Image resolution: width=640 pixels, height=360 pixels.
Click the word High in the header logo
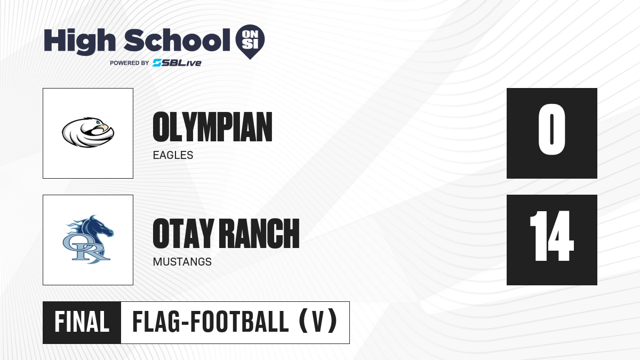[x=79, y=42]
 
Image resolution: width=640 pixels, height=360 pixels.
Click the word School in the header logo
[x=177, y=41]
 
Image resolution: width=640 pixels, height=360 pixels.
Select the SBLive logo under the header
[x=177, y=63]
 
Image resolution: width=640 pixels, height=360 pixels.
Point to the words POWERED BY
[x=130, y=63]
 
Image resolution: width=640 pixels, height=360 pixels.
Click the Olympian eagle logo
[x=88, y=132]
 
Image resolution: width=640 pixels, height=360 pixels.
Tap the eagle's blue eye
[x=98, y=123]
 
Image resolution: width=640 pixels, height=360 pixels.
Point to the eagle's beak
[x=105, y=127]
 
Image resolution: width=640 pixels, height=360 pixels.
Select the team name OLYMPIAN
[x=212, y=127]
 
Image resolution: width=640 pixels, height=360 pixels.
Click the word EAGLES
[x=173, y=155]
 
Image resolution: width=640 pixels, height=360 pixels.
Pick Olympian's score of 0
[x=551, y=129]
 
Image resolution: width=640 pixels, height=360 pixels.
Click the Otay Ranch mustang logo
[x=88, y=239]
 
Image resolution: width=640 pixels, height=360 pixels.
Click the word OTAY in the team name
[x=183, y=234]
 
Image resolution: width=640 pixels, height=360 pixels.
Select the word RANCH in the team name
[x=261, y=234]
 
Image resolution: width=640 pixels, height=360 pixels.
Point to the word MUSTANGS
[x=182, y=262]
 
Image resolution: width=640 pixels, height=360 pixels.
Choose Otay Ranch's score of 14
[x=551, y=236]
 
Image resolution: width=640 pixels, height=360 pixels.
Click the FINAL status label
[x=82, y=322]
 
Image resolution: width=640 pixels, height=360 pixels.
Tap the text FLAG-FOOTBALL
[x=211, y=322]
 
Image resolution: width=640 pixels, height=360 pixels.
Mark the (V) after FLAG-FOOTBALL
[x=318, y=322]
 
